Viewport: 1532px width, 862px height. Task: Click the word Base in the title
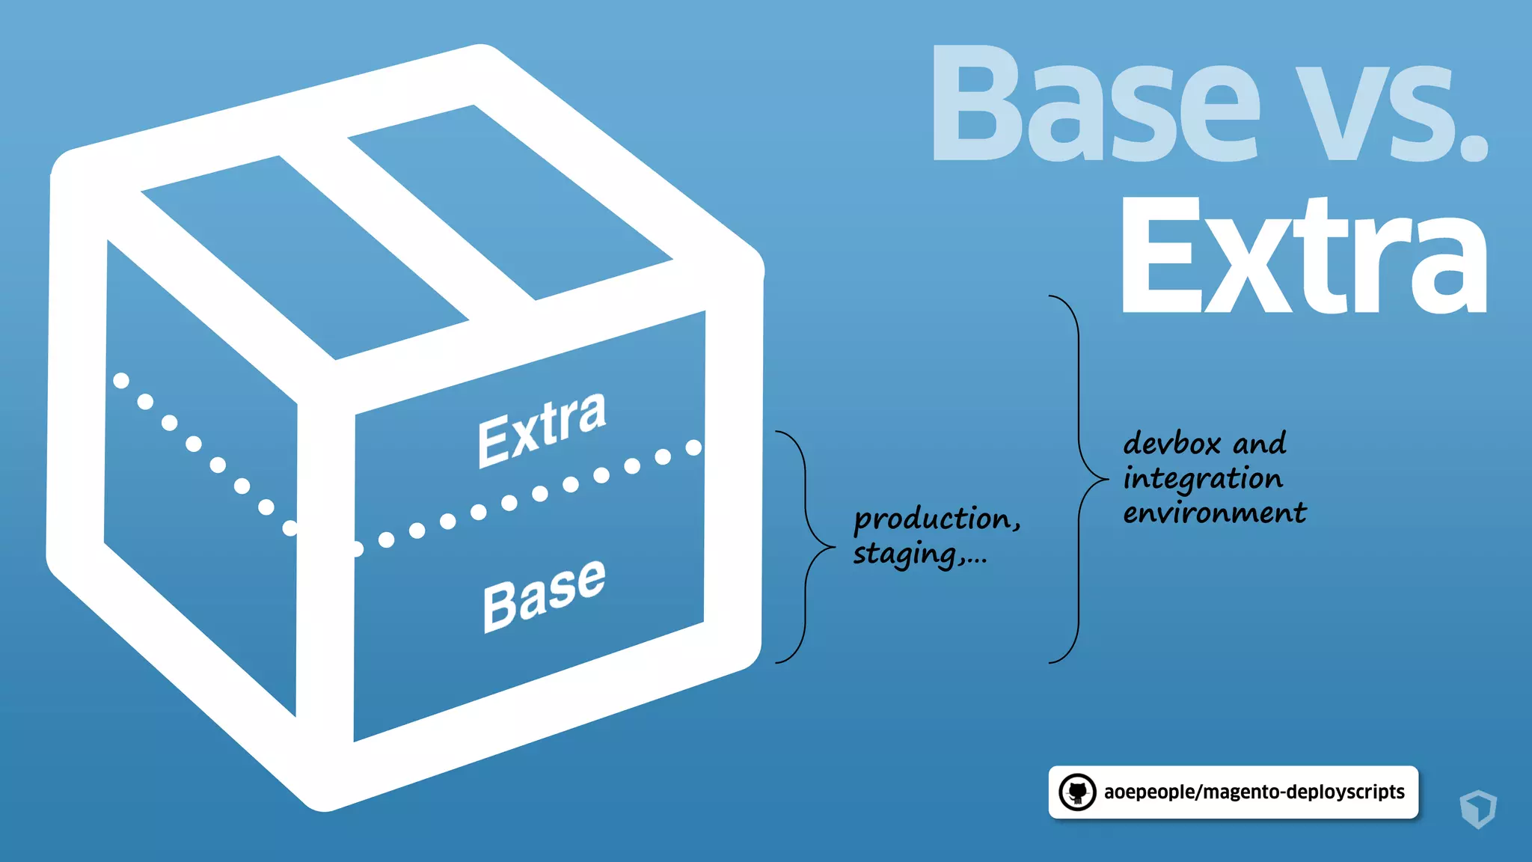click(x=1096, y=105)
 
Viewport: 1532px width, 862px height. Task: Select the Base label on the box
click(x=544, y=594)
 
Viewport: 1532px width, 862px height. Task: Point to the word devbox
click(x=1171, y=444)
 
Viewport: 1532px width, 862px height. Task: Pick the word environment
click(x=1214, y=513)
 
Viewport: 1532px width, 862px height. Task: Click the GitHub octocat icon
click(x=1077, y=792)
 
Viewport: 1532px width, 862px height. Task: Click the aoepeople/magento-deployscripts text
click(x=1254, y=792)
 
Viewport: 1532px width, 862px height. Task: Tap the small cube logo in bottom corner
click(x=1477, y=809)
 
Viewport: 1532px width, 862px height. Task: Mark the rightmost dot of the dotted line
click(x=693, y=447)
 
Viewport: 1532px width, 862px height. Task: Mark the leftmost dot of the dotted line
click(x=120, y=381)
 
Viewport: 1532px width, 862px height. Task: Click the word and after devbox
click(x=1260, y=444)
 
